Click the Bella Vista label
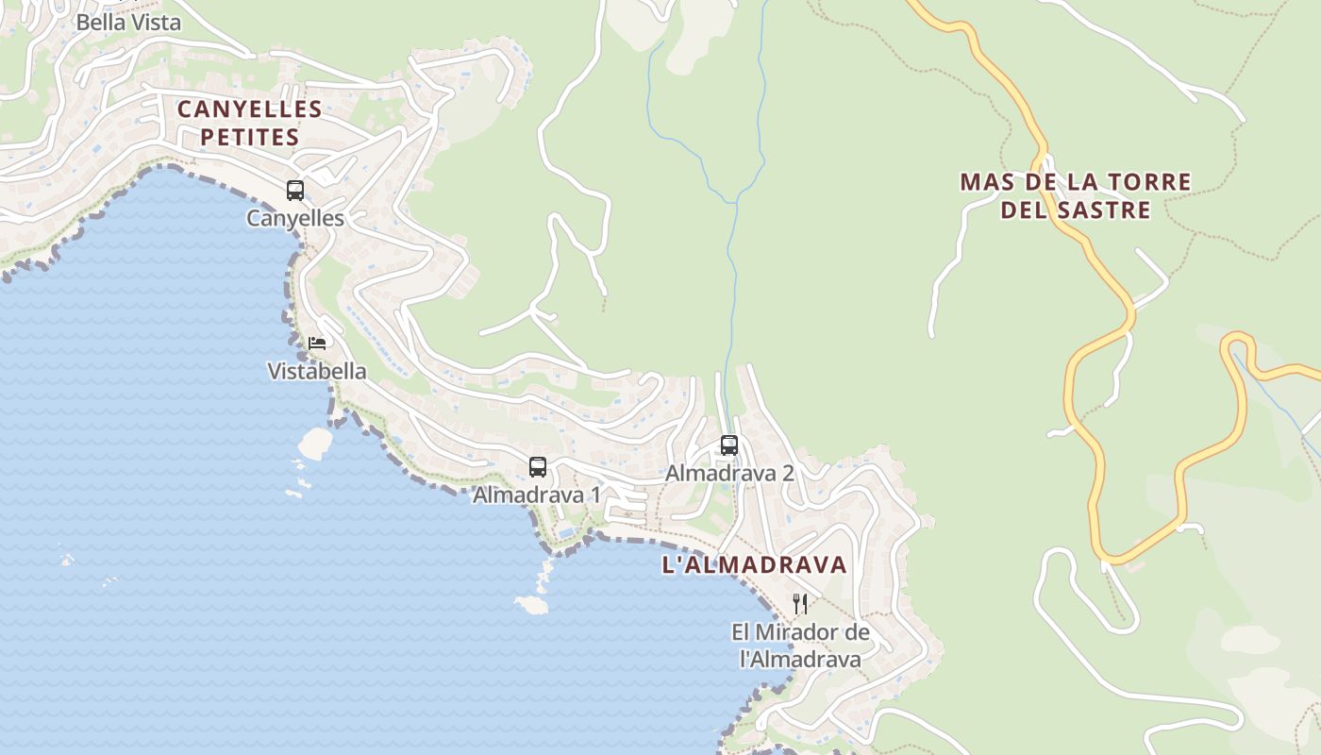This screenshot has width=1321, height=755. pyautogui.click(x=127, y=23)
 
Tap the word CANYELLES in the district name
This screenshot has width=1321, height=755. pyautogui.click(x=250, y=109)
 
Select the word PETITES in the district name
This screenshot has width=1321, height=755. pyautogui.click(x=250, y=138)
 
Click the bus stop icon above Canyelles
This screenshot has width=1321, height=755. pyautogui.click(x=295, y=191)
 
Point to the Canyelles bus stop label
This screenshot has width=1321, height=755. pyautogui.click(x=295, y=219)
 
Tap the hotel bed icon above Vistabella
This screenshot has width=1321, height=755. pyautogui.click(x=317, y=343)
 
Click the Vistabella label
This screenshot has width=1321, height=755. pyautogui.click(x=317, y=372)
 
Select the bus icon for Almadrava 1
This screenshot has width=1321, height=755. pyautogui.click(x=538, y=466)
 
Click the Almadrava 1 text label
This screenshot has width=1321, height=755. pyautogui.click(x=537, y=495)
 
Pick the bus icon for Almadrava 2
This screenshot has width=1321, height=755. pyautogui.click(x=729, y=445)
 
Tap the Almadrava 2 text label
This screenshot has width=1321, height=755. pyautogui.click(x=729, y=474)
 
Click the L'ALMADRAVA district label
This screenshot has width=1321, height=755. pyautogui.click(x=755, y=565)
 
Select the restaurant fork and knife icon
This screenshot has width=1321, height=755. pyautogui.click(x=800, y=603)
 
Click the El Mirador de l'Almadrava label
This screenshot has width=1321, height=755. pyautogui.click(x=800, y=646)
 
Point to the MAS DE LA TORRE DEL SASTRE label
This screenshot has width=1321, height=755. pyautogui.click(x=1076, y=195)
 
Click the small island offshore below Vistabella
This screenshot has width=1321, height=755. pyautogui.click(x=314, y=442)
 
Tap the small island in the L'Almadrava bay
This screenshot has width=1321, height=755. pyautogui.click(x=531, y=604)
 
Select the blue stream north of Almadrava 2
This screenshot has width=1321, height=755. pyautogui.click(x=731, y=283)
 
